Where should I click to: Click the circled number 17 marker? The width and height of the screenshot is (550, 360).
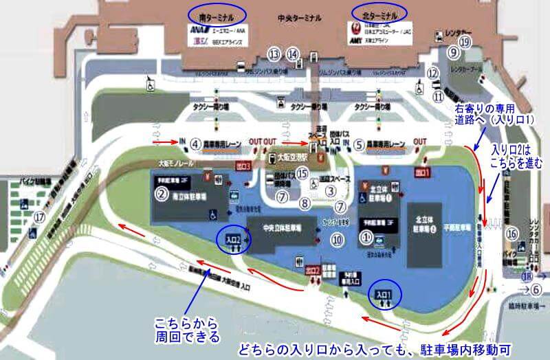[x=40, y=218]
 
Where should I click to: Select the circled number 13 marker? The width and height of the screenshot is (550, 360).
[x=275, y=53]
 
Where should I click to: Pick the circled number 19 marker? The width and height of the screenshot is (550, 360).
[x=465, y=42]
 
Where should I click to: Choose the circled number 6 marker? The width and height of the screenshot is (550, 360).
[x=537, y=289]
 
